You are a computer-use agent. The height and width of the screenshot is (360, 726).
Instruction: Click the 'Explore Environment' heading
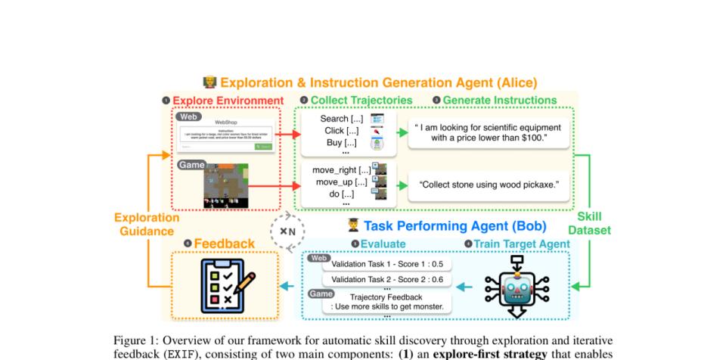[228, 101]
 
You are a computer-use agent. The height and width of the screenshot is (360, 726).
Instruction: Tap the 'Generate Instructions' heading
[498, 101]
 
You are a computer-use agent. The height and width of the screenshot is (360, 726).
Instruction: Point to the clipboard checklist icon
[225, 286]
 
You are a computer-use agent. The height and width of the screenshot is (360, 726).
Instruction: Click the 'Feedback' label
[224, 244]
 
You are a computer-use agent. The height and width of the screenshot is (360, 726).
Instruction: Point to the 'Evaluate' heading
[383, 244]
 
